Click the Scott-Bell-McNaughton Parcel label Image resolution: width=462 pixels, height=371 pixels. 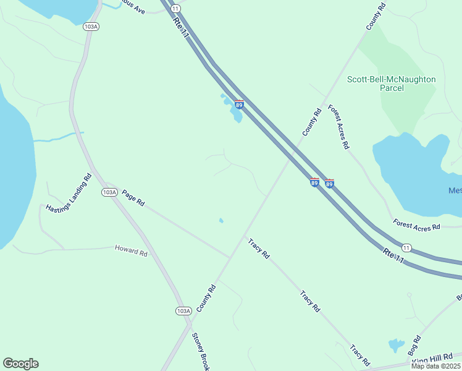tap(391, 83)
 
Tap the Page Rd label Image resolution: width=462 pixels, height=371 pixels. tap(133, 198)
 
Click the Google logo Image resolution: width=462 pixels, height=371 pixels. tap(20, 364)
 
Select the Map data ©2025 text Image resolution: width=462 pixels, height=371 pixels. tap(435, 366)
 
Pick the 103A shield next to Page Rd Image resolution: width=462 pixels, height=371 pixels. tap(109, 192)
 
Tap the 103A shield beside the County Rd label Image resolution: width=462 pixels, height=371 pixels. tap(183, 311)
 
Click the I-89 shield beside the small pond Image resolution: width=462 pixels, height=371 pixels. tap(239, 104)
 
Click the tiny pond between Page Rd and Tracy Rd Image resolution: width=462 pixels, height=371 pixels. tap(221, 220)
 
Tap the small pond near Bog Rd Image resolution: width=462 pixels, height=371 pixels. tap(395, 344)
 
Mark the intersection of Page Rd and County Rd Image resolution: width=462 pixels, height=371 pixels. tap(230, 257)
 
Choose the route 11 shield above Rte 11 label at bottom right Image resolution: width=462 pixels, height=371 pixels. tap(406, 247)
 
